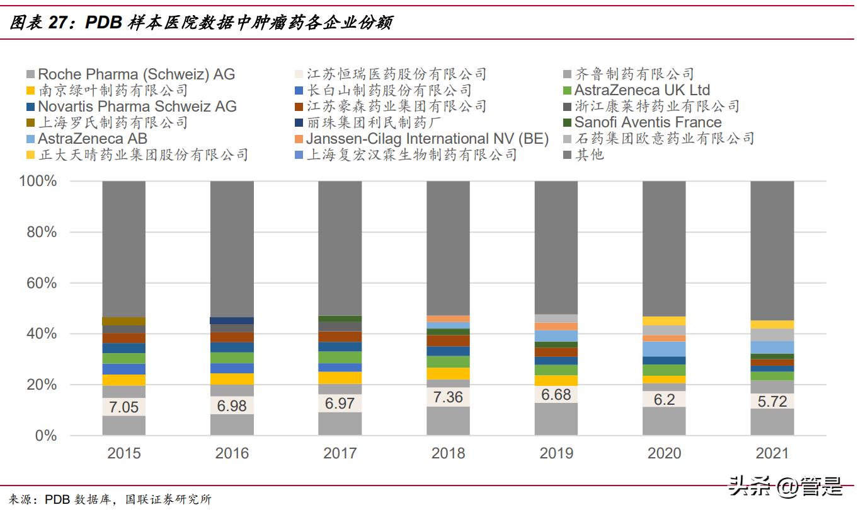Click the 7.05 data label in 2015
[123, 407]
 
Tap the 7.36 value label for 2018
[448, 397]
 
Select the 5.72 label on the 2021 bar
[772, 402]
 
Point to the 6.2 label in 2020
[664, 399]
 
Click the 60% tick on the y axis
[42, 283]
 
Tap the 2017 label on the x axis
[340, 453]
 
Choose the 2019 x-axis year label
[556, 453]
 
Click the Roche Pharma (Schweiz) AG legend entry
[135, 74]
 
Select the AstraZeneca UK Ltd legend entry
[641, 90]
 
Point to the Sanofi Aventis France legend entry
[647, 122]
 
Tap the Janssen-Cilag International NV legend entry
[426, 139]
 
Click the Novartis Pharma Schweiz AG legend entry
[137, 107]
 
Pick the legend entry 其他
[588, 154]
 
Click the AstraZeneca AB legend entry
[92, 139]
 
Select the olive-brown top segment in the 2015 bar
[123, 321]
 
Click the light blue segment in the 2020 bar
[664, 349]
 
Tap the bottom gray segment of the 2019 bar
[556, 419]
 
